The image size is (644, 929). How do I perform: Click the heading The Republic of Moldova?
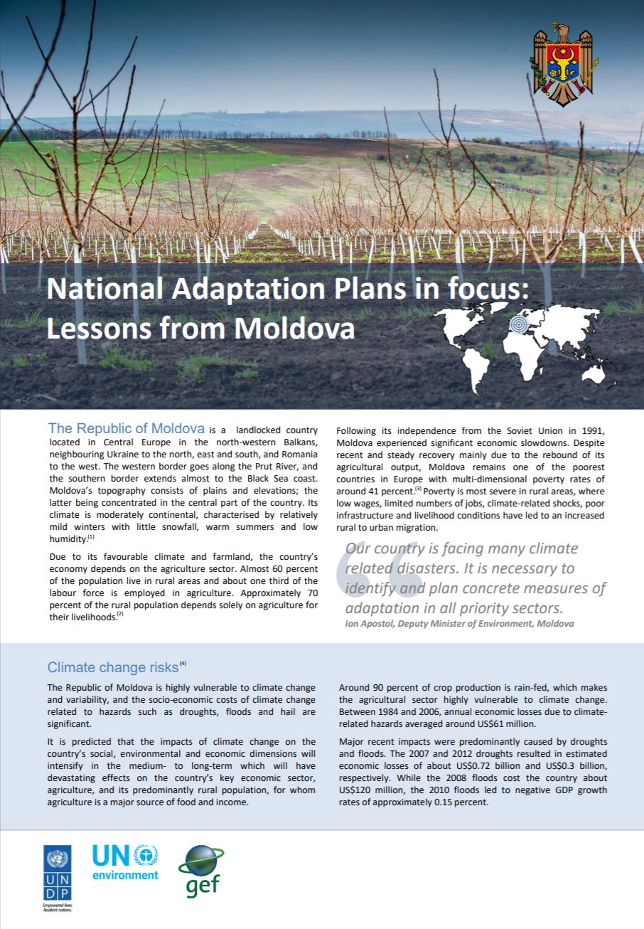(x=127, y=428)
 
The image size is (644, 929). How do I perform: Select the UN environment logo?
(x=125, y=862)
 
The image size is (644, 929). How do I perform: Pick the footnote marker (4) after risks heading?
(x=183, y=664)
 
